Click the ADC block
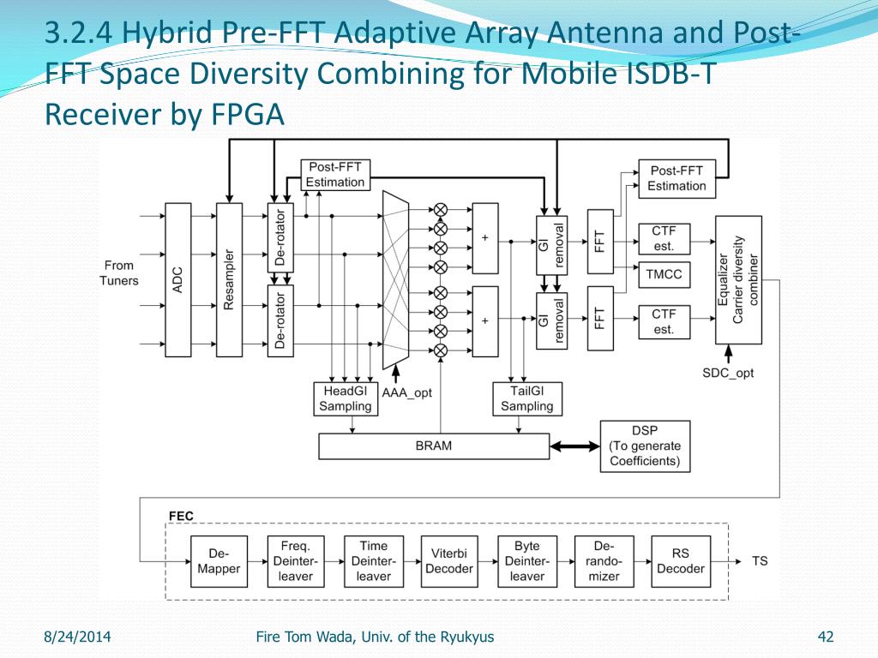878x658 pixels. point(177,280)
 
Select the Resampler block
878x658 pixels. point(229,280)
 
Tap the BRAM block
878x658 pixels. point(433,446)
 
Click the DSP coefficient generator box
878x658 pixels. point(645,446)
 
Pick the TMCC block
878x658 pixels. point(663,275)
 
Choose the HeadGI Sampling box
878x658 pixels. point(345,398)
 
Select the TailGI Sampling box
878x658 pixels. point(526,398)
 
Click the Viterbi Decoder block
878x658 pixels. point(449,561)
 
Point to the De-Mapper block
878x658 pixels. point(218,561)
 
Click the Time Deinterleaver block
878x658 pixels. point(373,561)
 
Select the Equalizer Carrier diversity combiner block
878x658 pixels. point(738,280)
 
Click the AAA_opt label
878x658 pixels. point(407,392)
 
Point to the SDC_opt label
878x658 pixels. point(728,373)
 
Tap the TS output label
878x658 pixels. point(760,561)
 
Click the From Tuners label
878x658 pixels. point(119,272)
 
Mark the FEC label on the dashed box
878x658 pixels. point(181,516)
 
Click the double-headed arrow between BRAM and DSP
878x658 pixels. point(574,446)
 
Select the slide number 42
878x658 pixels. point(827,637)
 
